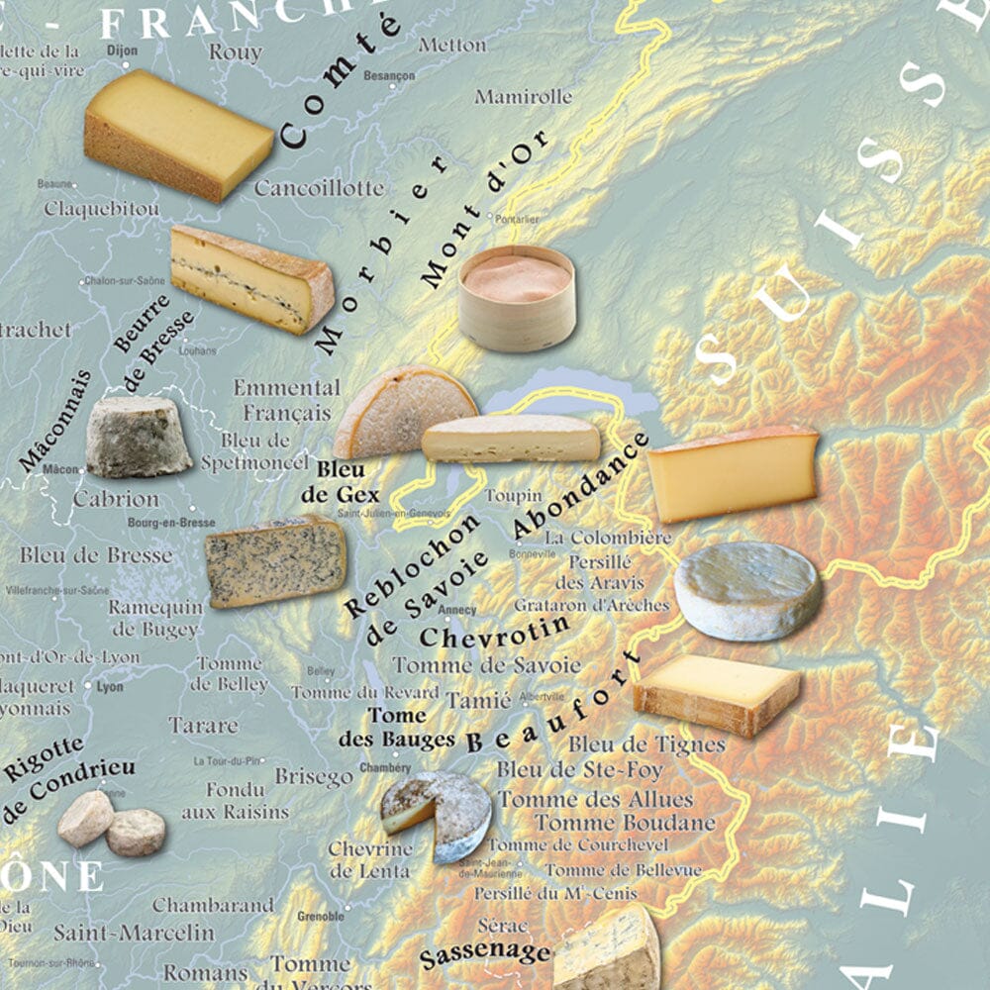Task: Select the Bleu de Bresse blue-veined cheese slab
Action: pyautogui.click(x=275, y=560)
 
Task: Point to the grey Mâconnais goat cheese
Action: pyautogui.click(x=138, y=437)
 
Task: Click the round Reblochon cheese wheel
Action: pyautogui.click(x=747, y=591)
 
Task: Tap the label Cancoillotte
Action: pyautogui.click(x=318, y=187)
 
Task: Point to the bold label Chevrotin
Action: pyautogui.click(x=494, y=631)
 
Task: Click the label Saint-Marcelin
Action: pyautogui.click(x=134, y=932)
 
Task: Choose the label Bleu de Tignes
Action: pyautogui.click(x=646, y=743)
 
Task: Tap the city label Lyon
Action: pyautogui.click(x=110, y=685)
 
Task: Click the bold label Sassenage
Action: pyautogui.click(x=484, y=954)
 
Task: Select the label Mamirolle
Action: pyautogui.click(x=523, y=97)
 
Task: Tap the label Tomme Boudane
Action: pyautogui.click(x=625, y=823)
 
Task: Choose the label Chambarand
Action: pyautogui.click(x=213, y=905)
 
